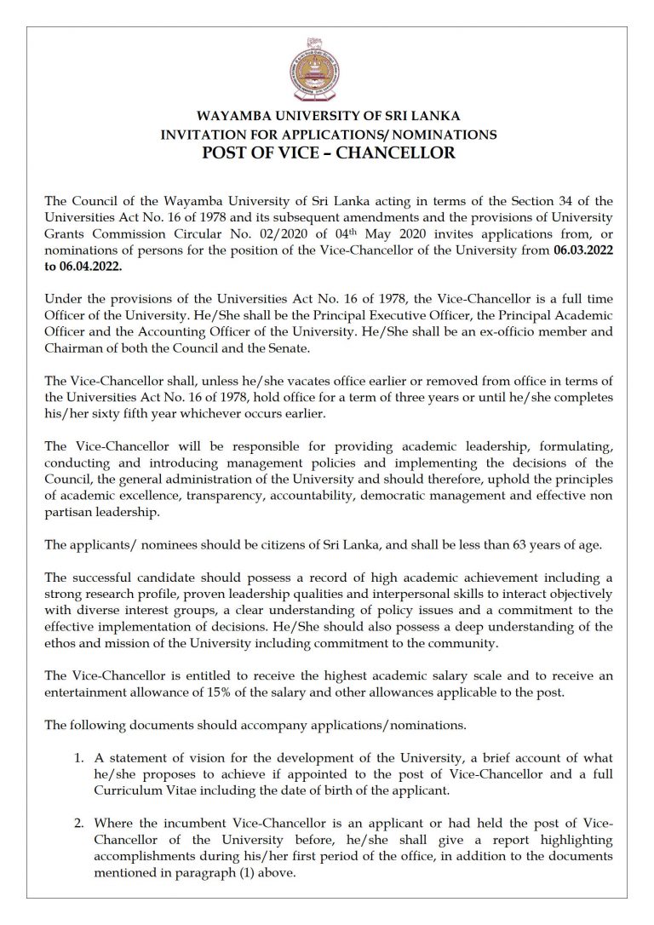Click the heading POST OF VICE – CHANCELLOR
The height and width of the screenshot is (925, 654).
point(328,154)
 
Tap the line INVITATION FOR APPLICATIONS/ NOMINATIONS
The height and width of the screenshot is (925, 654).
point(328,135)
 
